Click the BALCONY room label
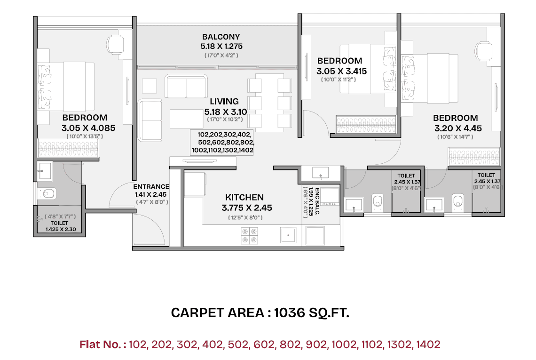pos(221,37)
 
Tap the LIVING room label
pos(224,101)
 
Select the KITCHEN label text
pos(244,197)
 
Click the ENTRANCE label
pos(151,186)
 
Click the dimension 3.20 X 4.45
pos(455,128)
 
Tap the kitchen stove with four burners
pos(249,235)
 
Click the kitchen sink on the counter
pos(287,235)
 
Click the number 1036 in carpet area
pos(290,313)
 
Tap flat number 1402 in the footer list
pos(427,344)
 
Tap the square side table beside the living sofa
pos(149,86)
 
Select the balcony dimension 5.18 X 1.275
pos(221,46)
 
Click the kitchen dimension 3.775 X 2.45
pos(246,208)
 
